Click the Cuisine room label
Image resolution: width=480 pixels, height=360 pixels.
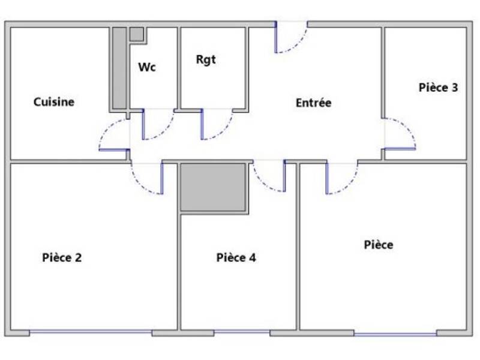coord(54,102)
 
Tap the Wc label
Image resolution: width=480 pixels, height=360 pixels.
coord(147,67)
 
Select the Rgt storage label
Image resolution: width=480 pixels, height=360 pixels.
coord(205,60)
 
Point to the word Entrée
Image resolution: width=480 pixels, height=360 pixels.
coord(313,103)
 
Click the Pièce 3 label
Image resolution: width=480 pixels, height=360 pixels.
coord(438,87)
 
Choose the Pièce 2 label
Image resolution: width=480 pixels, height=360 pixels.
coord(62,258)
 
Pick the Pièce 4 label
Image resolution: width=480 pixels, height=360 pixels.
coord(236,258)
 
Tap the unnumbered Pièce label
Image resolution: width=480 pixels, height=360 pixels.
coord(379,245)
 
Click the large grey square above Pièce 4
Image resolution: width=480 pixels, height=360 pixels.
coord(214,187)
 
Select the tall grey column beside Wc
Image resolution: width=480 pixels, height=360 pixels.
coord(119,68)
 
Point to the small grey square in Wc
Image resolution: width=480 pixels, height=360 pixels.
coord(137,34)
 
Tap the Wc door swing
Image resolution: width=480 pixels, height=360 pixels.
coord(157,125)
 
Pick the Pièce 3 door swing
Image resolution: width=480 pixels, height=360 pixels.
coord(400,133)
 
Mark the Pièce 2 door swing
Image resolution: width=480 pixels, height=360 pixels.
coord(147,179)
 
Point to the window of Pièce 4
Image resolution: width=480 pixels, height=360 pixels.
coord(242,333)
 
